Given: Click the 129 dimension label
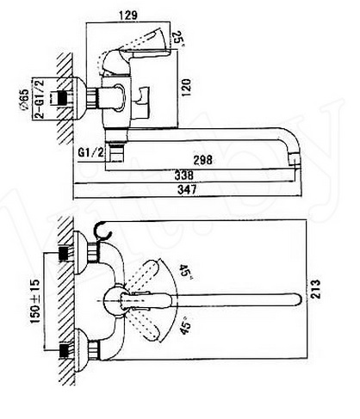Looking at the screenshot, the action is [x=127, y=15].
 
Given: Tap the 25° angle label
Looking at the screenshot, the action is [x=177, y=38].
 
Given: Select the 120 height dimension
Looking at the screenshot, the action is [x=187, y=88].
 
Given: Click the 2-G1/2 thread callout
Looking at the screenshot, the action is [x=40, y=99].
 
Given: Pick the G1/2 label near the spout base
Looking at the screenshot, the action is [x=90, y=152].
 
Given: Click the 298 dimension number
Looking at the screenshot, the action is [x=203, y=160].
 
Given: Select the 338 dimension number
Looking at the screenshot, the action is [x=184, y=176].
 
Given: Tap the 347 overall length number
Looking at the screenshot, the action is [x=187, y=189].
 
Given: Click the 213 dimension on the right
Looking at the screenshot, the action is [x=316, y=289].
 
